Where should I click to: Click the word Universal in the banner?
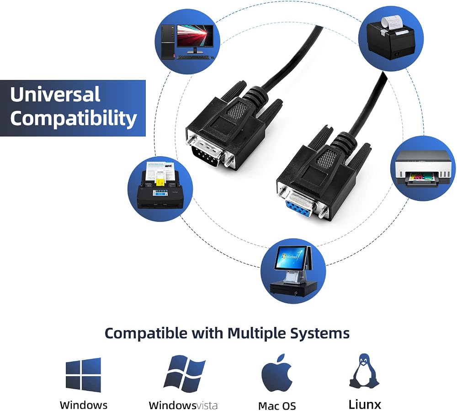(55, 94)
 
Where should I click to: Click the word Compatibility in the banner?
(74, 118)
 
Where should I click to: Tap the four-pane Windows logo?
(83, 375)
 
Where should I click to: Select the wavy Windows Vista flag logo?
(185, 374)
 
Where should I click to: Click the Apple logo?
(277, 373)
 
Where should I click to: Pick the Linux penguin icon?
(364, 371)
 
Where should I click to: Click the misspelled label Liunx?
(365, 404)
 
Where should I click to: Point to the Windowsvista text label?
(183, 405)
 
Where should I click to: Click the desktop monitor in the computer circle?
(195, 39)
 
